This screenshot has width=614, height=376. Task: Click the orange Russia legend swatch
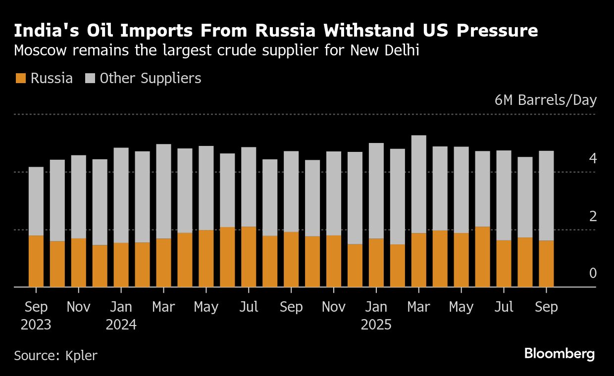pyautogui.click(x=21, y=78)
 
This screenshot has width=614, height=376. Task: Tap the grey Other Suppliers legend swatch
pyautogui.click(x=90, y=78)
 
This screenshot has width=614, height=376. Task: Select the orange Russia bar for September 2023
pyautogui.click(x=36, y=261)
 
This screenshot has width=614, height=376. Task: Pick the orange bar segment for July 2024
pyautogui.click(x=249, y=257)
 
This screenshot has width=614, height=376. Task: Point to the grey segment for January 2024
pyautogui.click(x=121, y=195)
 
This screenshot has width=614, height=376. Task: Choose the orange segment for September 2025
pyautogui.click(x=546, y=264)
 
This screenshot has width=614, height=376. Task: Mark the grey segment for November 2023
pyautogui.click(x=78, y=197)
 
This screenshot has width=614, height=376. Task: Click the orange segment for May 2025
pyautogui.click(x=461, y=260)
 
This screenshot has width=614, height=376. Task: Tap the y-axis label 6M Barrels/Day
pyautogui.click(x=546, y=100)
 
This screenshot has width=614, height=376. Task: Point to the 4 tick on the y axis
pyautogui.click(x=593, y=159)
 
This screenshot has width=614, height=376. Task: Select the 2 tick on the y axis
pyautogui.click(x=593, y=216)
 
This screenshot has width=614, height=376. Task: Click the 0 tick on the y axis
pyautogui.click(x=593, y=274)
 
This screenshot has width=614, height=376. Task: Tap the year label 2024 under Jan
pyautogui.click(x=121, y=325)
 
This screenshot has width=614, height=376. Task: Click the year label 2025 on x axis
pyautogui.click(x=376, y=325)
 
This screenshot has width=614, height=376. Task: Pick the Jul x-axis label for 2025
pyautogui.click(x=504, y=307)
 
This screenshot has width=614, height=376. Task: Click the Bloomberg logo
pyautogui.click(x=560, y=354)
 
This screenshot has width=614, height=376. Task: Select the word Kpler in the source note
pyautogui.click(x=81, y=355)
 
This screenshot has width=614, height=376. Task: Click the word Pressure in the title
pyautogui.click(x=497, y=31)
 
